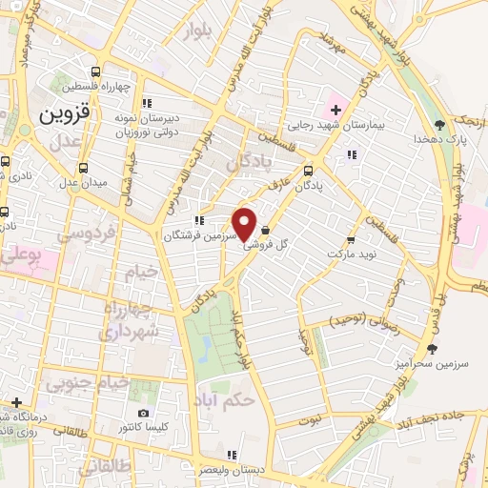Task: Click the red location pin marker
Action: [x=245, y=224]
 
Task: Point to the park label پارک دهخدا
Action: [x=437, y=138]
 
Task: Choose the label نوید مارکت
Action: [x=353, y=254]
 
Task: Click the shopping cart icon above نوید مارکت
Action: [x=352, y=240]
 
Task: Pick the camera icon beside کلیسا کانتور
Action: [x=143, y=414]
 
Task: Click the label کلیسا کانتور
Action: [x=142, y=428]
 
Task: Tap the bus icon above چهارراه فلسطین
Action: [x=96, y=71]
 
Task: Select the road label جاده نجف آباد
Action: [x=429, y=419]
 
